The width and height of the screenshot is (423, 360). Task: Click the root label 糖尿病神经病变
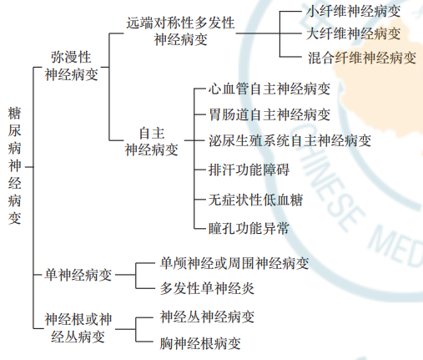14,165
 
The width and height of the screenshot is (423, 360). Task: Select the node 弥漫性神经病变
72,66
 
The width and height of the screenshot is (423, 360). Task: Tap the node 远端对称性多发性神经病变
180,31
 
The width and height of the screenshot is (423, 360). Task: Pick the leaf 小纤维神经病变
353,12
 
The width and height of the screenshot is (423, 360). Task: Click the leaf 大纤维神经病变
353,33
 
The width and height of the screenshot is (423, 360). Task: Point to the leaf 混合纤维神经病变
362,58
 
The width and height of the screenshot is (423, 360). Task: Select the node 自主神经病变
152,141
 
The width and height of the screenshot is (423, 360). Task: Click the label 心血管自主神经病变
269,89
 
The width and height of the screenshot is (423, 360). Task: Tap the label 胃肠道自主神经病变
269,114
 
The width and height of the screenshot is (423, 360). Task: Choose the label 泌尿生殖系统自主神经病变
290,140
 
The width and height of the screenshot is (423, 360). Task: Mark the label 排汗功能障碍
249,170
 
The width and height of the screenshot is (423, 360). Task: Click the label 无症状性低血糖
255,200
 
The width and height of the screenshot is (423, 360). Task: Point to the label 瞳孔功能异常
249,229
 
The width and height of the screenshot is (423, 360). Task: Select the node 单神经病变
78,275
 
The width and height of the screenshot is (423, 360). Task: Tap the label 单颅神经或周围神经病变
234,263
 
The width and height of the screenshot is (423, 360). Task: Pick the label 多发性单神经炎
207,288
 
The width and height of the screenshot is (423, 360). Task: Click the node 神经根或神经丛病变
78,328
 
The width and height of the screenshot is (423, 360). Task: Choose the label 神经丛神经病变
207,317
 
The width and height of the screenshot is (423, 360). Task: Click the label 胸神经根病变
200,343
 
